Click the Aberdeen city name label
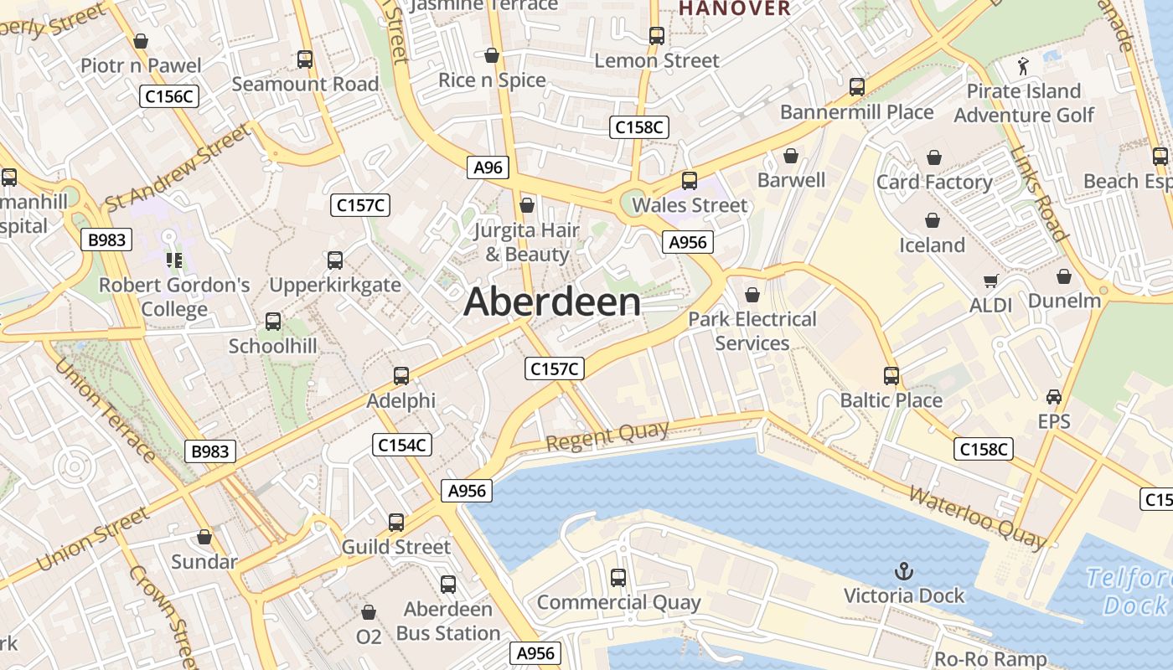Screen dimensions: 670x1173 click(x=552, y=302)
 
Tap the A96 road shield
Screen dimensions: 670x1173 click(x=488, y=167)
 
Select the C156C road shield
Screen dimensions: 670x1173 click(x=169, y=96)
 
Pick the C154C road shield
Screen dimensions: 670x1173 click(x=402, y=445)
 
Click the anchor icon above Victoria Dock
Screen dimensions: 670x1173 click(x=903, y=572)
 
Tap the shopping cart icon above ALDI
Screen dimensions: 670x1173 click(x=991, y=281)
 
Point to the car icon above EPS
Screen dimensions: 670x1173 click(x=1054, y=397)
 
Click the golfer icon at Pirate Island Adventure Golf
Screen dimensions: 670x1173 click(x=1023, y=65)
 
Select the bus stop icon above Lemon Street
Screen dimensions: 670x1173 click(x=657, y=36)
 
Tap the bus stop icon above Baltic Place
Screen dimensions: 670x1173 click(x=891, y=376)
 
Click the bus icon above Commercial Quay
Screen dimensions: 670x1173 click(x=618, y=577)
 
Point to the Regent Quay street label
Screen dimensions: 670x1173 click(x=607, y=436)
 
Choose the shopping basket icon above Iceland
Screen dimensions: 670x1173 click(x=933, y=220)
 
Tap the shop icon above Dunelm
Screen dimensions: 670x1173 click(x=1064, y=276)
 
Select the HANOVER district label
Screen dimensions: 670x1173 click(x=735, y=8)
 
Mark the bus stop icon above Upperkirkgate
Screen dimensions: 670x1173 click(x=335, y=260)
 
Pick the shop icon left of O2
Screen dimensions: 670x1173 click(x=369, y=613)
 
